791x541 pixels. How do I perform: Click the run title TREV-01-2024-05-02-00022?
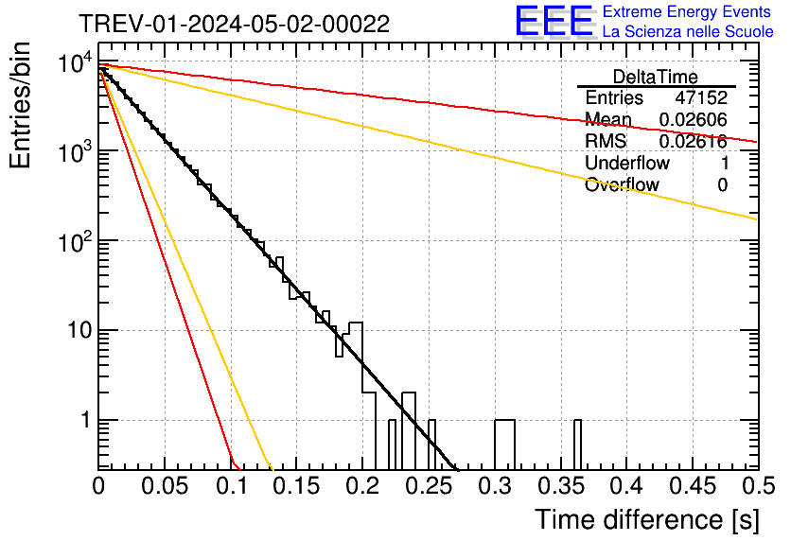click(x=234, y=25)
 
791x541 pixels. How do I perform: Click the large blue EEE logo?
click(x=554, y=21)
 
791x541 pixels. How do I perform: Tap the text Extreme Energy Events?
click(x=688, y=12)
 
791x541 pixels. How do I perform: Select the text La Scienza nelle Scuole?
click(x=688, y=31)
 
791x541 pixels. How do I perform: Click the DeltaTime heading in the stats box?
click(x=656, y=77)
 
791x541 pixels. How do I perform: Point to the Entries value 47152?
click(x=701, y=98)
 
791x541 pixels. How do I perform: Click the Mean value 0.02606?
click(x=693, y=120)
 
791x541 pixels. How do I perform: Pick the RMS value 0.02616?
click(x=693, y=142)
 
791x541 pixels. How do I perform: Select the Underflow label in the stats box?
click(x=627, y=163)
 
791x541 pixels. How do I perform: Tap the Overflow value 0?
click(x=722, y=184)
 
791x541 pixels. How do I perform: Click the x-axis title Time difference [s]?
click(x=646, y=519)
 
